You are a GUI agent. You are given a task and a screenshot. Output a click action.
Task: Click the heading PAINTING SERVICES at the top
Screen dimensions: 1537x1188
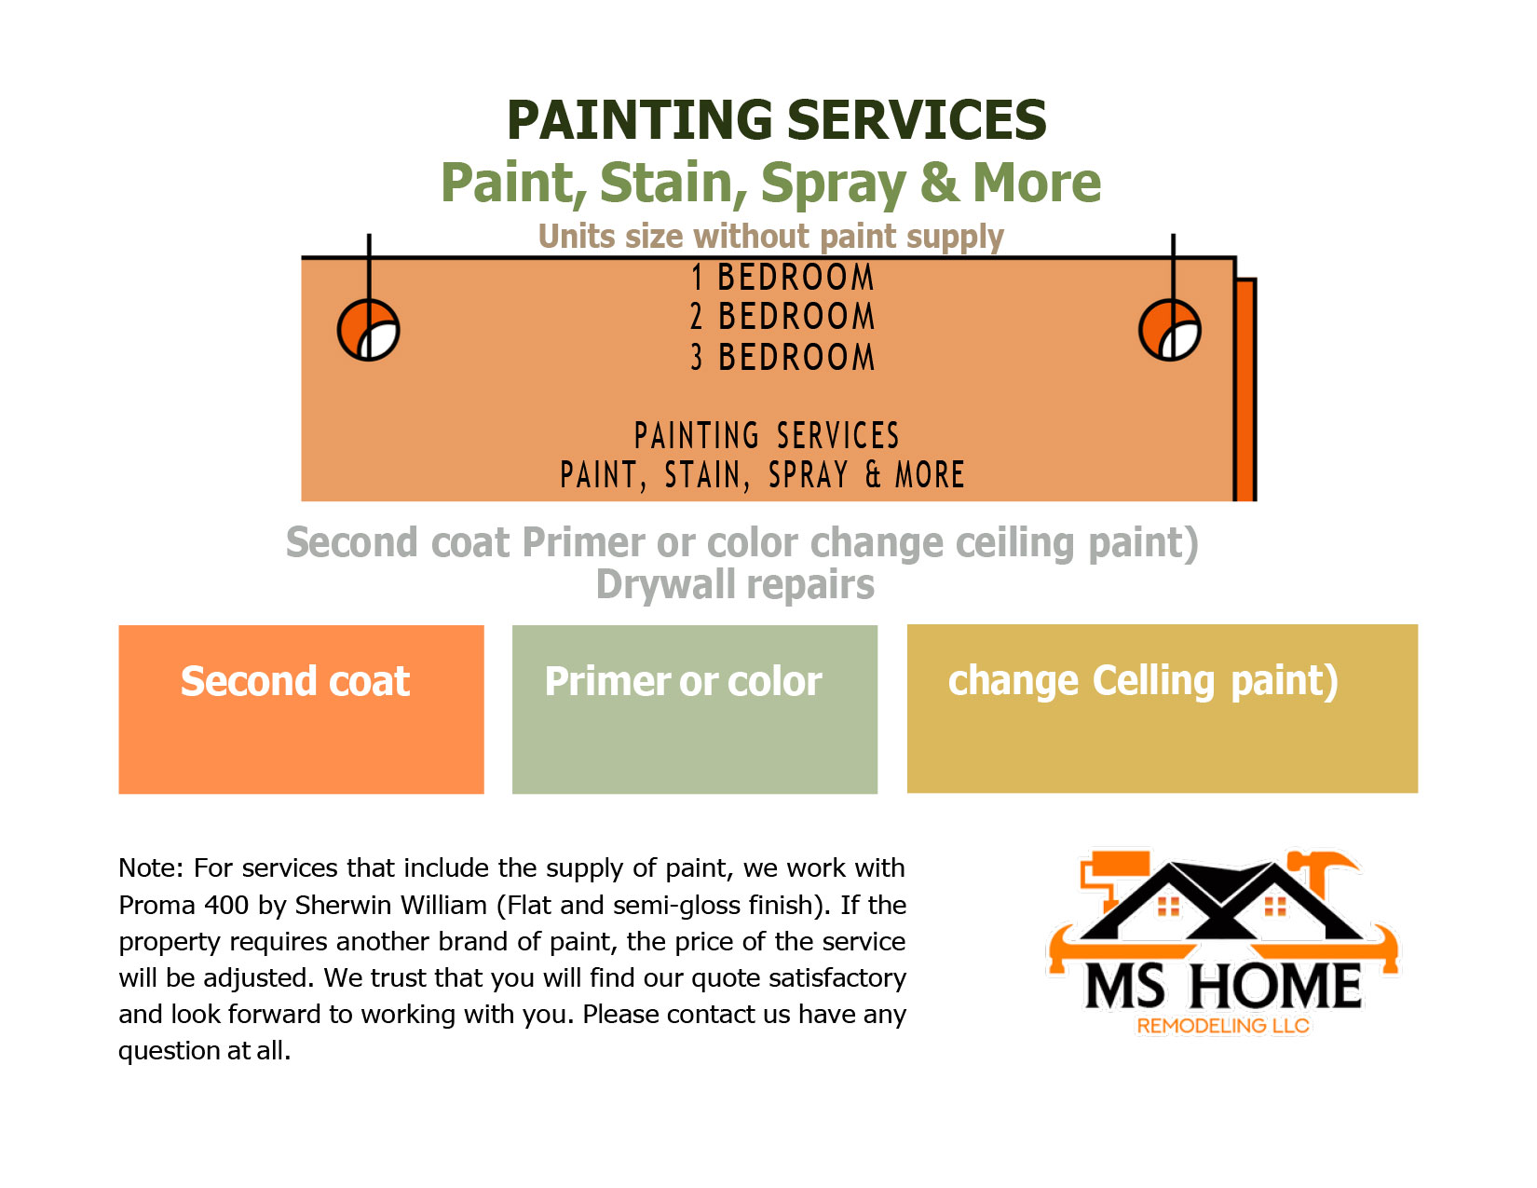776,119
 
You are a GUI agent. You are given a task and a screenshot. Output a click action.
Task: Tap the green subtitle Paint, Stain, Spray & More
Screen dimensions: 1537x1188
770,184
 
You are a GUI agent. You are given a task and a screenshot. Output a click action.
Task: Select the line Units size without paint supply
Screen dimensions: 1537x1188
770,237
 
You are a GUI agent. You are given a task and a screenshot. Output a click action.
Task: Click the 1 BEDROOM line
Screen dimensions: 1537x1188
782,277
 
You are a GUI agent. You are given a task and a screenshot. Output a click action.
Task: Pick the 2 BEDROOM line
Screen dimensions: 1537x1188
782,316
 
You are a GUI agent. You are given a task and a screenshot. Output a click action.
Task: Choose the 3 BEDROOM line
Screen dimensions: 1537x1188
782,357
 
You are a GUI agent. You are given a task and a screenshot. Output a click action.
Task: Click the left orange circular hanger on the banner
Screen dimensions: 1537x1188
368,330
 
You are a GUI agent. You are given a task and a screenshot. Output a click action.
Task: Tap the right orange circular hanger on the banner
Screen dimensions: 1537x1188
1169,330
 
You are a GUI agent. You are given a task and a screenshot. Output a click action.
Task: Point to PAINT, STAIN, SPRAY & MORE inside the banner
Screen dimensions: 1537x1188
762,475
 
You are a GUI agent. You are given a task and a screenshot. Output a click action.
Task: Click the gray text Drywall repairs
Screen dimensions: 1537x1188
735,585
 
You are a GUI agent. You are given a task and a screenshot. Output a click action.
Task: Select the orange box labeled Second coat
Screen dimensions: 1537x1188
301,709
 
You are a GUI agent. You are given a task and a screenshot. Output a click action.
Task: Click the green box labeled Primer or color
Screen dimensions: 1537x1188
695,709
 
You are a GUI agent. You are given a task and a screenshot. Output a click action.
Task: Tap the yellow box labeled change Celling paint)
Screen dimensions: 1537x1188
1163,708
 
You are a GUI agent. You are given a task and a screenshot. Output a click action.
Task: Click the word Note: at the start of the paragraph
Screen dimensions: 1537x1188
151,868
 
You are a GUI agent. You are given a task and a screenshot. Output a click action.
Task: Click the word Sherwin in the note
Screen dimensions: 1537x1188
343,905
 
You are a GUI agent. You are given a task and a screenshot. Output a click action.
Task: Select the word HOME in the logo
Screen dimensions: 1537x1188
1275,987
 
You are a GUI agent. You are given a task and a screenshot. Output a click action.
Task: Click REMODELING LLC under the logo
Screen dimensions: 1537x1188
1223,1026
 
